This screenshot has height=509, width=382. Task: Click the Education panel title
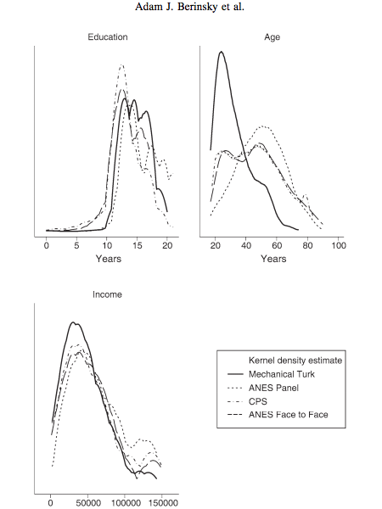(108, 37)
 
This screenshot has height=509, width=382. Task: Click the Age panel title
(272, 37)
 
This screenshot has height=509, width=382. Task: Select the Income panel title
(107, 294)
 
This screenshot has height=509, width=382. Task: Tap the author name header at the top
(189, 6)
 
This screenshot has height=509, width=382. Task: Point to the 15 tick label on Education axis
(137, 246)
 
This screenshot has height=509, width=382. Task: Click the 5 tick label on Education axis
(76, 246)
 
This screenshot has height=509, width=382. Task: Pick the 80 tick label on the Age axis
(307, 245)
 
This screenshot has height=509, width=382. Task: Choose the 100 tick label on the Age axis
(339, 245)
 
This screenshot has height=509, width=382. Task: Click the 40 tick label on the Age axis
(246, 245)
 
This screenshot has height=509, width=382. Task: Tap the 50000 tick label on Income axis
(88, 503)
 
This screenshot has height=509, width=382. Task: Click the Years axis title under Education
(108, 259)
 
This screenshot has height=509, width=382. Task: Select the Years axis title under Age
(273, 259)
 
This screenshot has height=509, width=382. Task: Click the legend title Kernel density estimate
(295, 361)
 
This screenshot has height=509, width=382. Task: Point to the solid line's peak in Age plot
(222, 51)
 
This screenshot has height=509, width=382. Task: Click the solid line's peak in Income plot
(73, 322)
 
